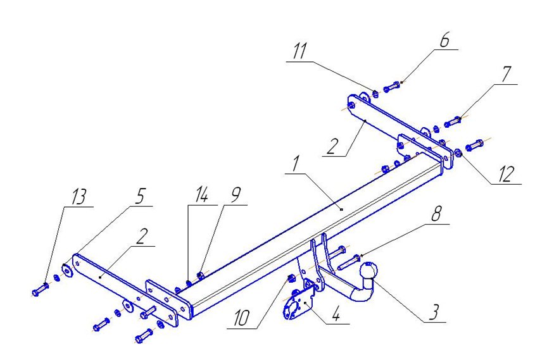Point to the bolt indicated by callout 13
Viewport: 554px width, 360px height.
coord(39,291)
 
